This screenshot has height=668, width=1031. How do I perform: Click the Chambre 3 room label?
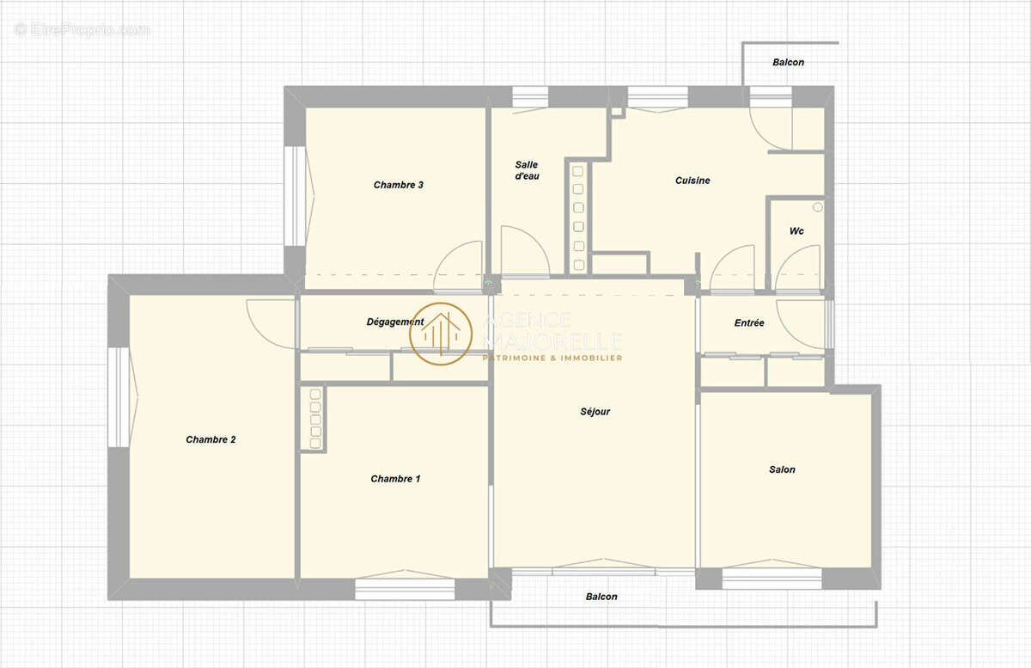[398, 185]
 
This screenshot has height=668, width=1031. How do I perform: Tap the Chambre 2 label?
[210, 439]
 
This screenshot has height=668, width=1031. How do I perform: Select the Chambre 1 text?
[395, 479]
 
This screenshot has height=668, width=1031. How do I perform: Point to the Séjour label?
[595, 412]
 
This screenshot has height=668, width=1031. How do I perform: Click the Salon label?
[782, 469]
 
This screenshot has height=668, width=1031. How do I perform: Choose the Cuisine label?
[692, 181]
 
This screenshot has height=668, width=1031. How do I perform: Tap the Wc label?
[796, 230]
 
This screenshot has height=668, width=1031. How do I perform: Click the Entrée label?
[749, 323]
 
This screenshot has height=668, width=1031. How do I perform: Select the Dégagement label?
[395, 322]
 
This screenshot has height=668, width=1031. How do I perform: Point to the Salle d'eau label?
[527, 170]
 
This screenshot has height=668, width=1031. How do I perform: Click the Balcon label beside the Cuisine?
[788, 62]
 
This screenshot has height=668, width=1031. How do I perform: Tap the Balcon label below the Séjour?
[601, 597]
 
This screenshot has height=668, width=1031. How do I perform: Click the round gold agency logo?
[441, 334]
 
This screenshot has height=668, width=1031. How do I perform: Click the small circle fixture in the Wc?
[817, 207]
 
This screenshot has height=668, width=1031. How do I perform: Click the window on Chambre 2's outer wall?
[119, 397]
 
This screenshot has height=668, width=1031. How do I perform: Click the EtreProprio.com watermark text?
[82, 30]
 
